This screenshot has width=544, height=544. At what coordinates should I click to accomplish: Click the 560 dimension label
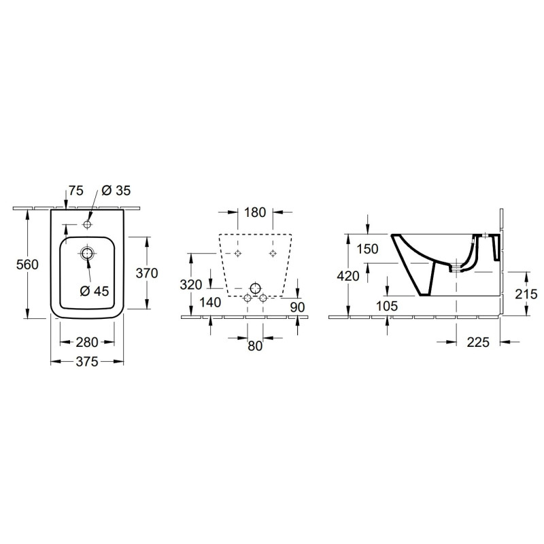point(27,265)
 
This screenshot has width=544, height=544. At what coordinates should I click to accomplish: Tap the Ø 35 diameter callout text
point(116,190)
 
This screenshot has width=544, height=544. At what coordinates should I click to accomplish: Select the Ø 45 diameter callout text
point(95,291)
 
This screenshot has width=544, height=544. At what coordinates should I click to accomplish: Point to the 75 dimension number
point(76,190)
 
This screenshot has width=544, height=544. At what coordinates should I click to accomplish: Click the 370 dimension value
point(147,273)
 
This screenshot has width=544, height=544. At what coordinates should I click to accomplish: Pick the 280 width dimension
point(87,343)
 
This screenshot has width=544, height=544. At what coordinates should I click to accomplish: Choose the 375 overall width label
point(87,362)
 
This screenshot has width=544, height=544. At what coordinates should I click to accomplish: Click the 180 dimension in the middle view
point(255,212)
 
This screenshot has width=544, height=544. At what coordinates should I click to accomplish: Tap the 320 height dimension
point(191,285)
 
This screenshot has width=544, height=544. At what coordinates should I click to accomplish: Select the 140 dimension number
point(210,303)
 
